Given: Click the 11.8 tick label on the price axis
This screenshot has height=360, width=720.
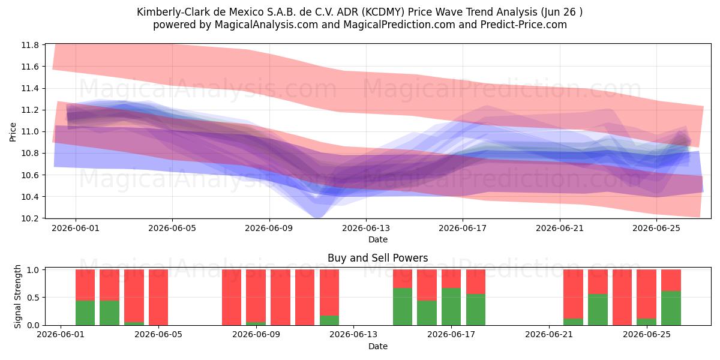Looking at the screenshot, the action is coord(30,45).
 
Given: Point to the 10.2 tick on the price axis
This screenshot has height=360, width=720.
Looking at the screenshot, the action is coord(30,218).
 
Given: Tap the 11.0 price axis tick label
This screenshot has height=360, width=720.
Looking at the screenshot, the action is coord(30,132).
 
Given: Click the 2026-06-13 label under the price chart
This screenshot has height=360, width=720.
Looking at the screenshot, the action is coord(366,228).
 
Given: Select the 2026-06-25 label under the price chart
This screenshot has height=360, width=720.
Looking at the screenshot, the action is coord(656,228).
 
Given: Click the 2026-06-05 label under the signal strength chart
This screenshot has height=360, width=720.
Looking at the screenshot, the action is coord(158,335).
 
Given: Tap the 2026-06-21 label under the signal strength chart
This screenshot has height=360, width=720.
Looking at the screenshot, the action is coord(549,335).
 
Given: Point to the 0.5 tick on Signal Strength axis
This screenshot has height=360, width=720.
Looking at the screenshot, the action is coord(33,298).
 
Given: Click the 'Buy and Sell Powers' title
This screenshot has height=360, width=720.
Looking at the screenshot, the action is coord(377,258).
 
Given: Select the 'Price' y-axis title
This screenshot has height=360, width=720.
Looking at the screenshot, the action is coord(13,132).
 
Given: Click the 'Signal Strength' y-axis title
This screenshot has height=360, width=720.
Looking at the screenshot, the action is coord(17,296).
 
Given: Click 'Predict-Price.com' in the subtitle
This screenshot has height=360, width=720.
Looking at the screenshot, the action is coord(524,25).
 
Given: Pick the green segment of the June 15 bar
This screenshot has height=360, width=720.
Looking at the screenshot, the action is coord(403,307).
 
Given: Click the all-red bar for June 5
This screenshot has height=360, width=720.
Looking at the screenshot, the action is coord(158,298).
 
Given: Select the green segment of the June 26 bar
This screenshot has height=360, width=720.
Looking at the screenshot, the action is coord(671,308).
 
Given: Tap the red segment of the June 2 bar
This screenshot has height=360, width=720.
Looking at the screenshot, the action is coord(85,285).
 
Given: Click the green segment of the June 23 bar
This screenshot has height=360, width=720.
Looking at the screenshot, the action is coord(598,310).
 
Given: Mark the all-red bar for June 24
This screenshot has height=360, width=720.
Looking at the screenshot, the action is coord(622,298).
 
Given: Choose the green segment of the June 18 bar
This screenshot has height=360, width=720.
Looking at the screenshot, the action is coord(476,310).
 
